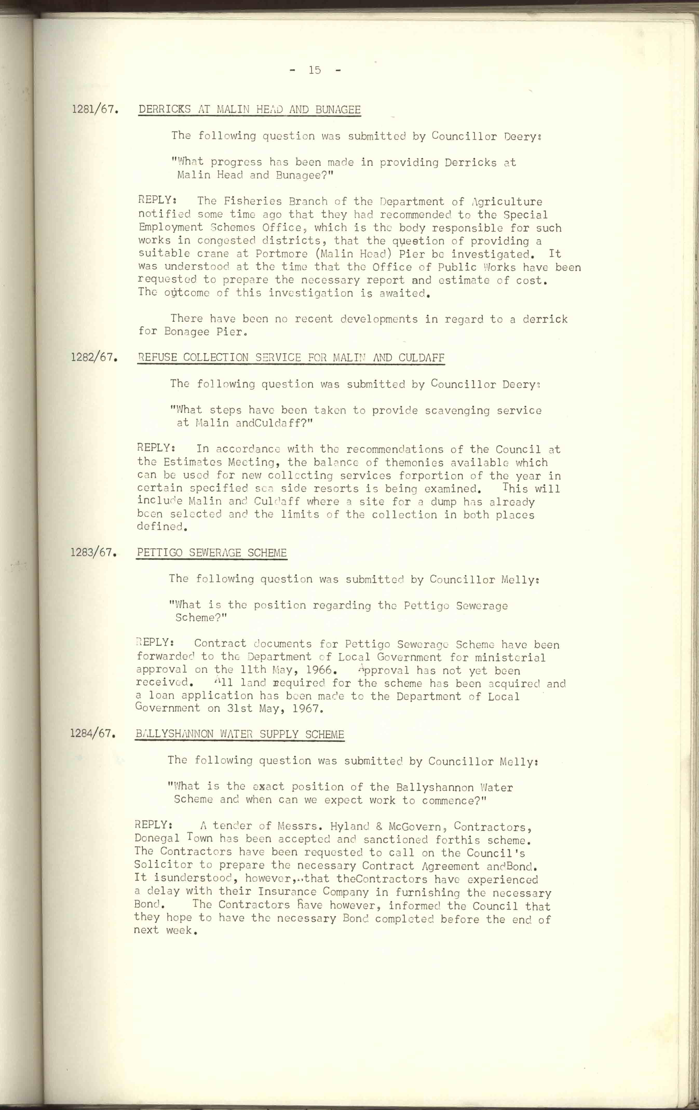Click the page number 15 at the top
coord(315,70)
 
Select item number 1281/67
coord(94,110)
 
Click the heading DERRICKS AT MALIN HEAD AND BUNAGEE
coord(249,110)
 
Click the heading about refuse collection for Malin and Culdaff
coord(291,358)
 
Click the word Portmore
coord(282,254)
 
